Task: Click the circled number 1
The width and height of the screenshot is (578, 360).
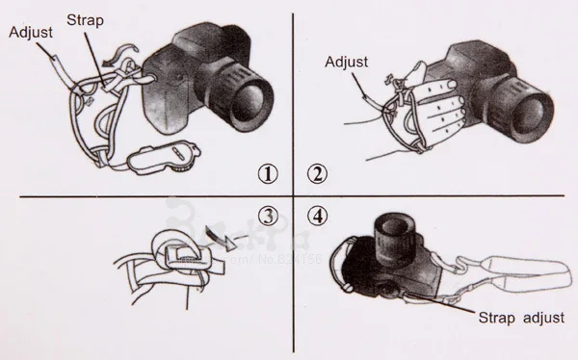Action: [x=269, y=173]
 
